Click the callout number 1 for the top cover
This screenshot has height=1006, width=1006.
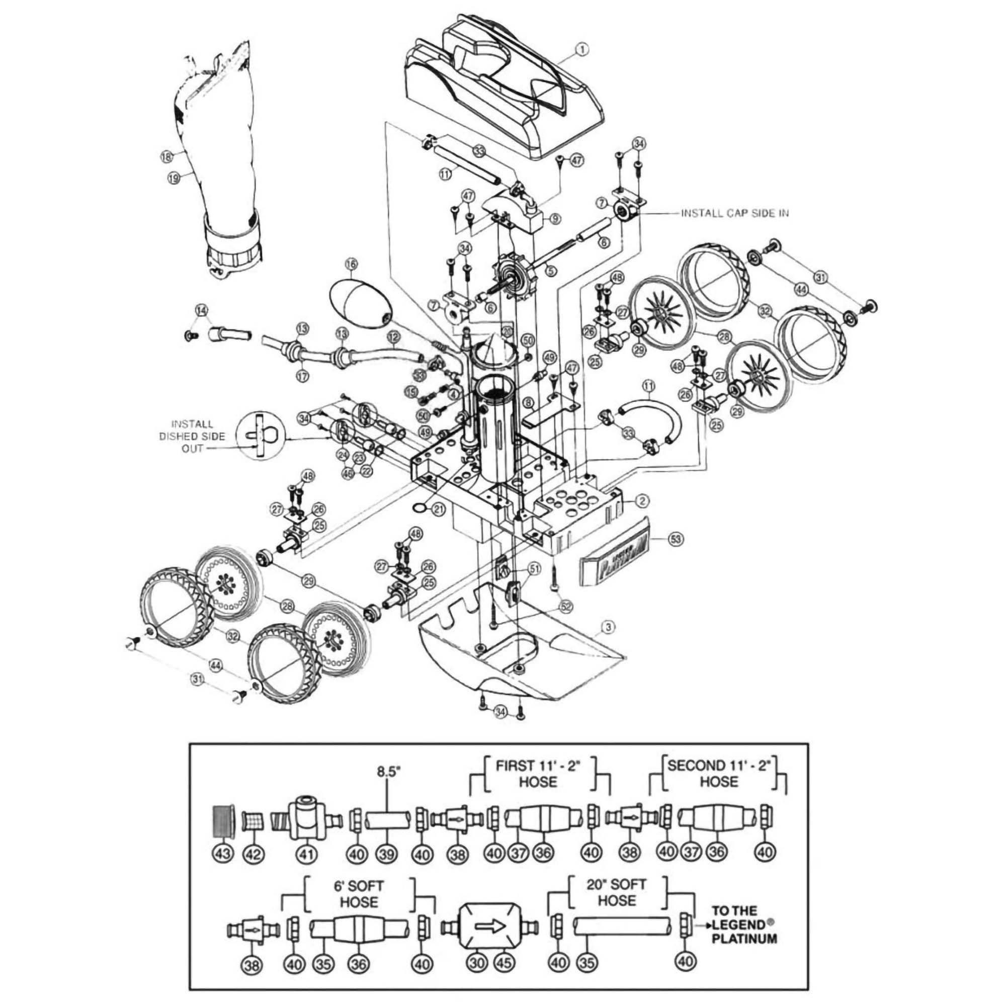click(581, 50)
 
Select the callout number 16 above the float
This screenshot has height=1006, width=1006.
click(352, 265)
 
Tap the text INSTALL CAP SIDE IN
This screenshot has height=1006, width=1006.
click(734, 213)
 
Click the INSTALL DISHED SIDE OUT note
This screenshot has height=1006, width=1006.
click(192, 436)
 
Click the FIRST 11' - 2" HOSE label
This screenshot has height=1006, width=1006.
click(538, 773)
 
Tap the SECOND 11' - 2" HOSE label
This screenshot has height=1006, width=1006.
click(718, 773)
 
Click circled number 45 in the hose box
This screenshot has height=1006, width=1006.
click(502, 963)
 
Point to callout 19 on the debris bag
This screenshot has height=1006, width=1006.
click(174, 178)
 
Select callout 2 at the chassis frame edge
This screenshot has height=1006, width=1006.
click(642, 501)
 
